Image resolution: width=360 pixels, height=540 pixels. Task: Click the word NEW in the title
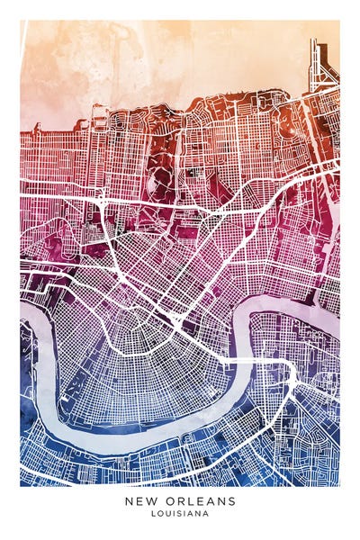click(x=139, y=501)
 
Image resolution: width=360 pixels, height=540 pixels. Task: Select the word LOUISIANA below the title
click(x=180, y=514)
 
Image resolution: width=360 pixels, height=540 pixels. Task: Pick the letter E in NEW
click(x=139, y=501)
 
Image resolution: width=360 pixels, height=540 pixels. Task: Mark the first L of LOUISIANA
click(x=154, y=514)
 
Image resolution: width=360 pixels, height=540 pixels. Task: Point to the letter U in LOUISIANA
click(x=167, y=514)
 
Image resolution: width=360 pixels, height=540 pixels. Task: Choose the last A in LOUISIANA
click(x=206, y=514)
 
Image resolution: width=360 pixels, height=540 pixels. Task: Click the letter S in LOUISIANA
click(x=180, y=514)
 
